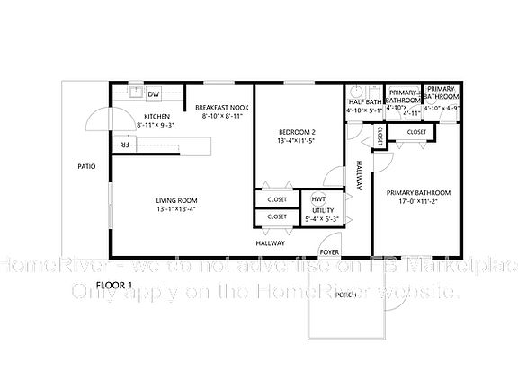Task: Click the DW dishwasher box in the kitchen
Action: point(154,93)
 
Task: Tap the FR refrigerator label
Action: point(125,144)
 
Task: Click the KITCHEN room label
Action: point(157,117)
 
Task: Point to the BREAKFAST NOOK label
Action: point(222,108)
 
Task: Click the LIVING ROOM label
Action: point(176,200)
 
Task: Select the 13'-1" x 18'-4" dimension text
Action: point(176,210)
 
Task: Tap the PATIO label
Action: point(86,166)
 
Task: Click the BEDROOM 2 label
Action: point(296,132)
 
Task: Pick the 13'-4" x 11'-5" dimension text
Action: point(296,141)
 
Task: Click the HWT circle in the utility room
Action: point(318,198)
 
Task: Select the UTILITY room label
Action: point(322,211)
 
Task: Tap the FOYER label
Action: point(330,252)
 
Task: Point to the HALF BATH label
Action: point(365,102)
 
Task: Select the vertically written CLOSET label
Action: point(380,136)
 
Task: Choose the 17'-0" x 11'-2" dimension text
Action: point(418,203)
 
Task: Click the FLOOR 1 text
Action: point(114,285)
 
